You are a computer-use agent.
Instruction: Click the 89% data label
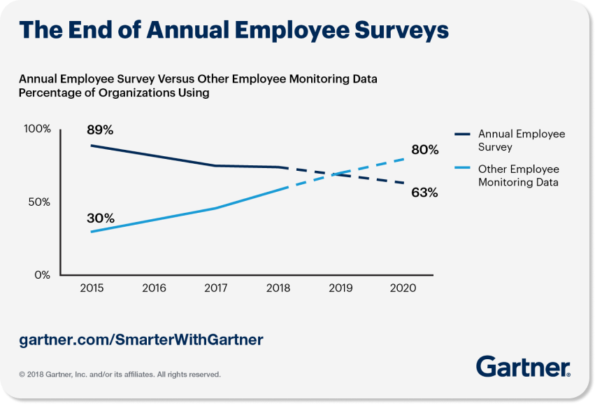point(100,130)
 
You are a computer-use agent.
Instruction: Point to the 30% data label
point(100,218)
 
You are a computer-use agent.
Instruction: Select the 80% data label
point(424,150)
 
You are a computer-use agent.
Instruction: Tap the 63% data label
point(424,193)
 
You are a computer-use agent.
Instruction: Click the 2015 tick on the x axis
point(92,288)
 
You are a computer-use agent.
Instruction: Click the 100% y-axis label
point(37,130)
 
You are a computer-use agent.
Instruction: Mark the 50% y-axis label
point(40,202)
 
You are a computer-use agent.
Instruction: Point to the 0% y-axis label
point(43,275)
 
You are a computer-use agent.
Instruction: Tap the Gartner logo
point(523,366)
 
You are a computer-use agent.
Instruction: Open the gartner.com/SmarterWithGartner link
point(141,340)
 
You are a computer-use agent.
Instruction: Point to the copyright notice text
point(120,375)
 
